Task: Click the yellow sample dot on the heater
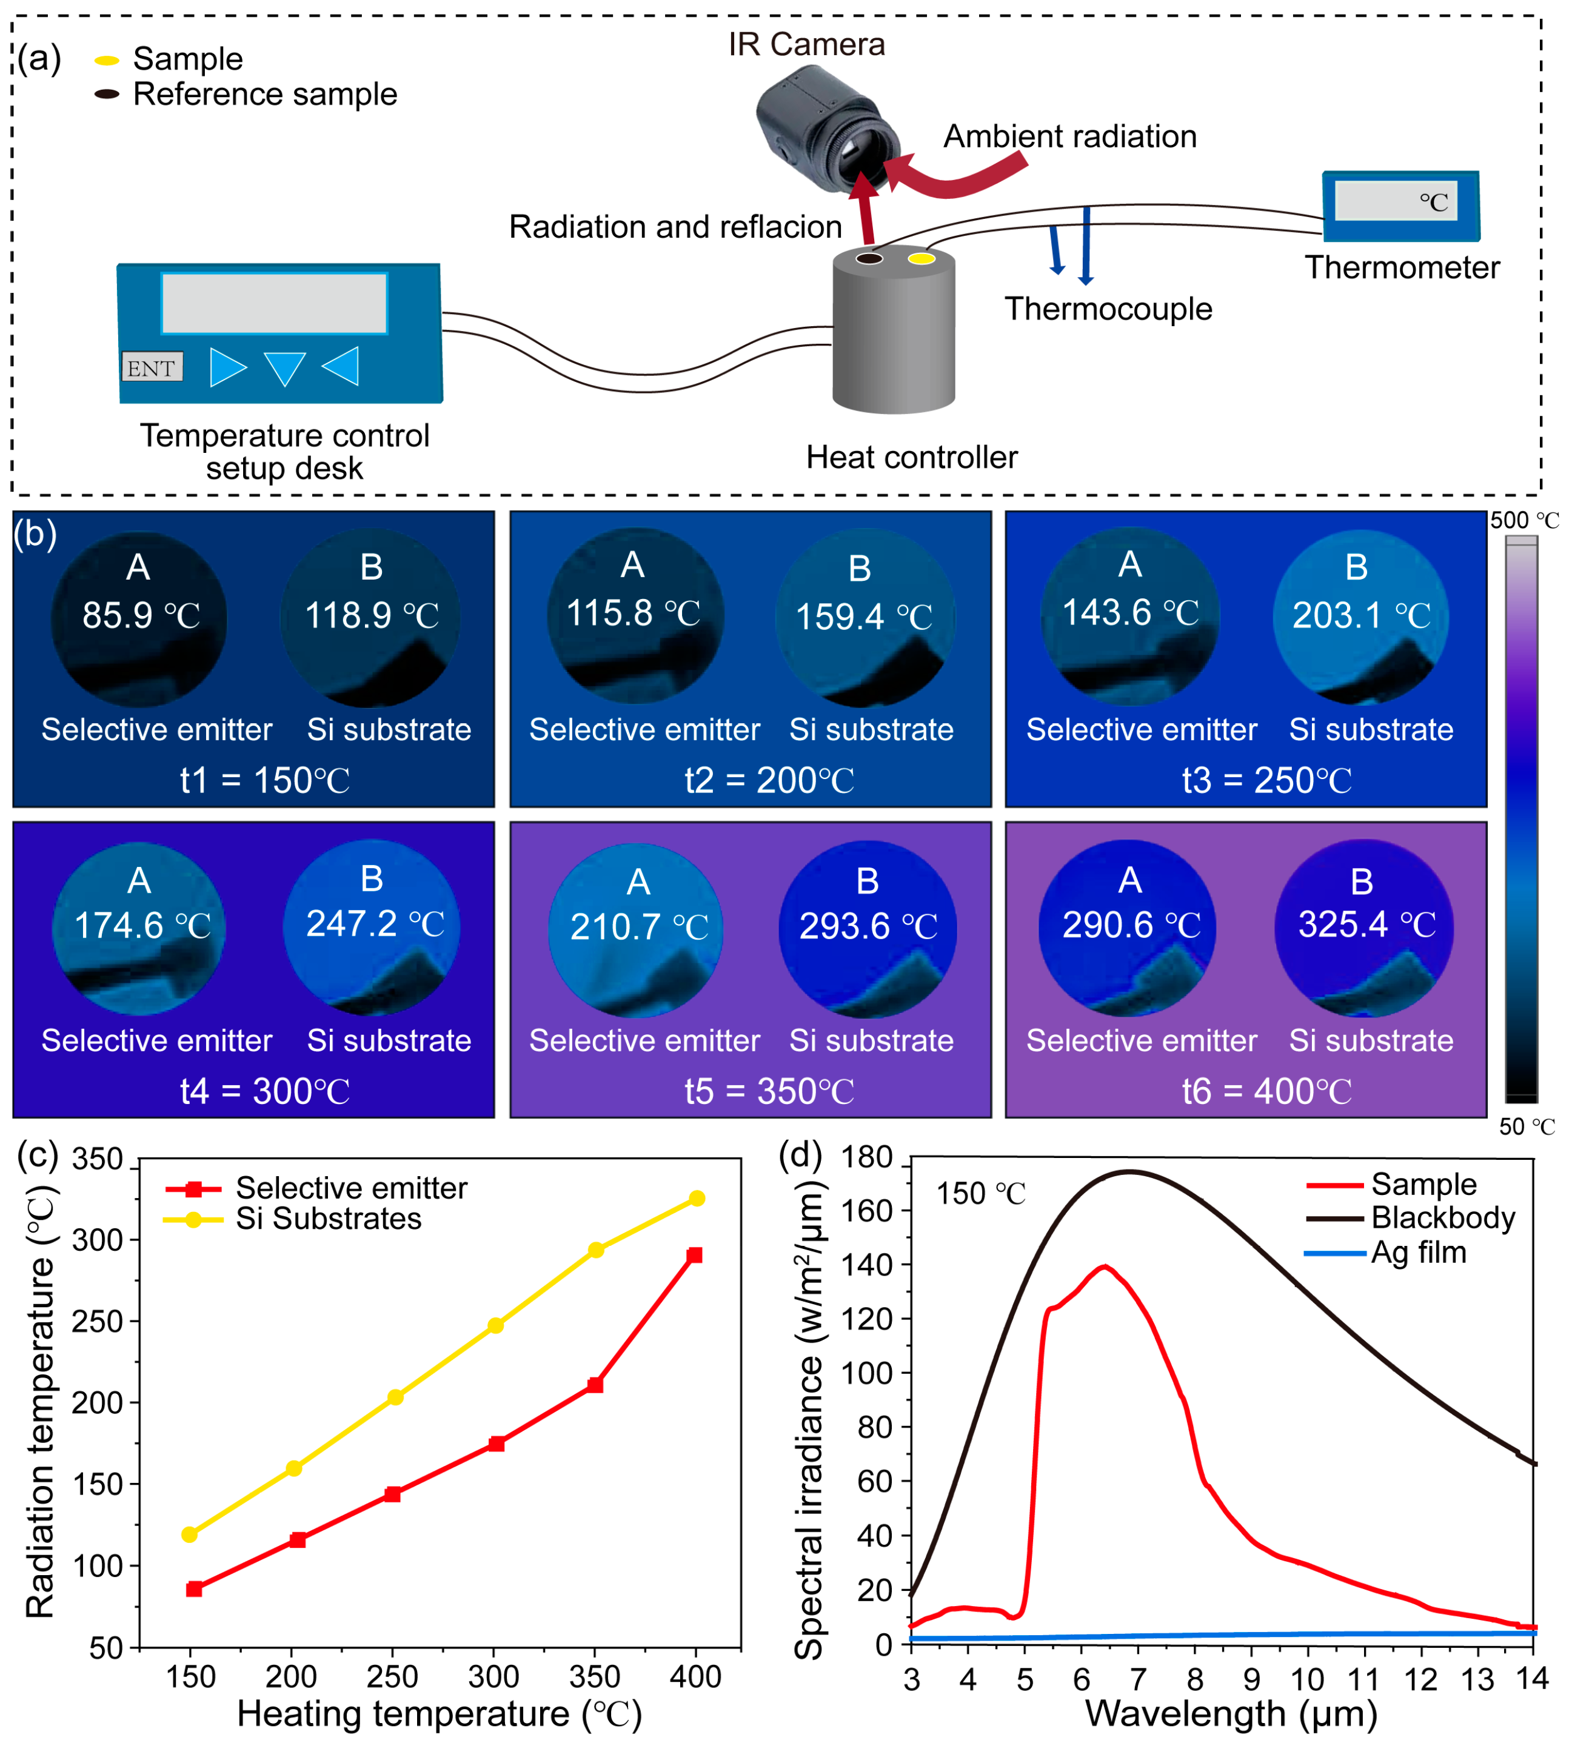point(921,258)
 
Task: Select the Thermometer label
point(1402,268)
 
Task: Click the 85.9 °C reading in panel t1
point(141,616)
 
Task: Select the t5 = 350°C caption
point(769,1091)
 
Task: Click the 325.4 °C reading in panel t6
point(1366,925)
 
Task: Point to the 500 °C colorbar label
point(1524,520)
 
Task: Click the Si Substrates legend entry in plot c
point(328,1219)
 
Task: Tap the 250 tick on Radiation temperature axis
point(97,1322)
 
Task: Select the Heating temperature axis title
point(440,1714)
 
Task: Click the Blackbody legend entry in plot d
point(1442,1218)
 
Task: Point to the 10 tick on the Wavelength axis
point(1307,1679)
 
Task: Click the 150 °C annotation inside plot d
point(980,1194)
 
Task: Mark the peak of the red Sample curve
point(1104,1267)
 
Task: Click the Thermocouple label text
point(1108,309)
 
